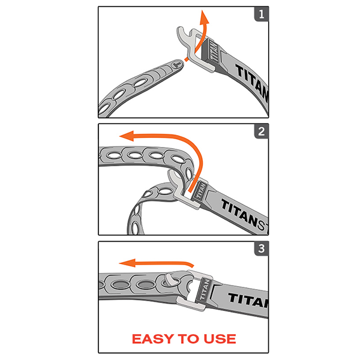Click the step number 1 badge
tap(260, 15)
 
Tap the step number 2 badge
tap(260, 132)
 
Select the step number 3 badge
tap(260, 249)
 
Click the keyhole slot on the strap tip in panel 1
tap(176, 62)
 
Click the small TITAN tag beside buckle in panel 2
tap(198, 189)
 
